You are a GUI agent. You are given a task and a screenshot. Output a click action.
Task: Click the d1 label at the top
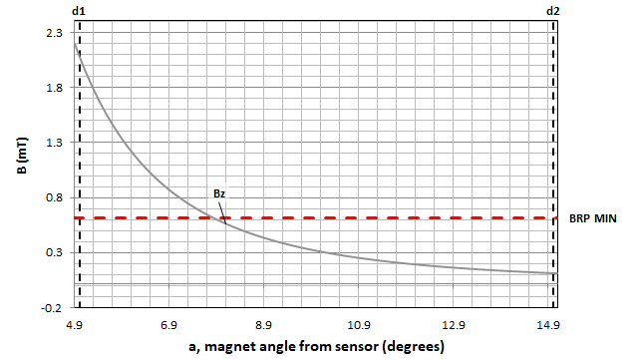pyautogui.click(x=79, y=11)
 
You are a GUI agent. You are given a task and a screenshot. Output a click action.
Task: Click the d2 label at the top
pyautogui.click(x=553, y=11)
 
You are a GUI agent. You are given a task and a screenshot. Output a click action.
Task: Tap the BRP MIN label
pyautogui.click(x=595, y=217)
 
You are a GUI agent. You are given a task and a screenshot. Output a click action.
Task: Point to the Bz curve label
pyautogui.click(x=220, y=193)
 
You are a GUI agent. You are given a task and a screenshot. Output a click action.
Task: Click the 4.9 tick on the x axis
pyautogui.click(x=74, y=326)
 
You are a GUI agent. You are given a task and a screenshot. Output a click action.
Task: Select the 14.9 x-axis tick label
pyautogui.click(x=548, y=326)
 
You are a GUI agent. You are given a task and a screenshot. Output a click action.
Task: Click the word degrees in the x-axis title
pyautogui.click(x=404, y=346)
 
